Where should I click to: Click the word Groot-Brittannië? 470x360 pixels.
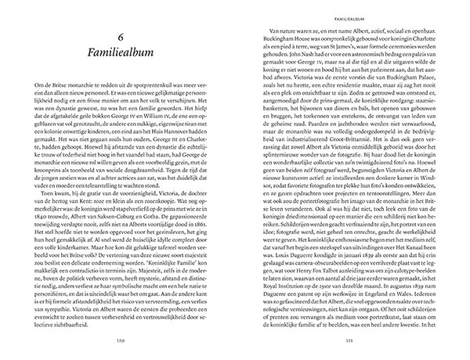349,148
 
